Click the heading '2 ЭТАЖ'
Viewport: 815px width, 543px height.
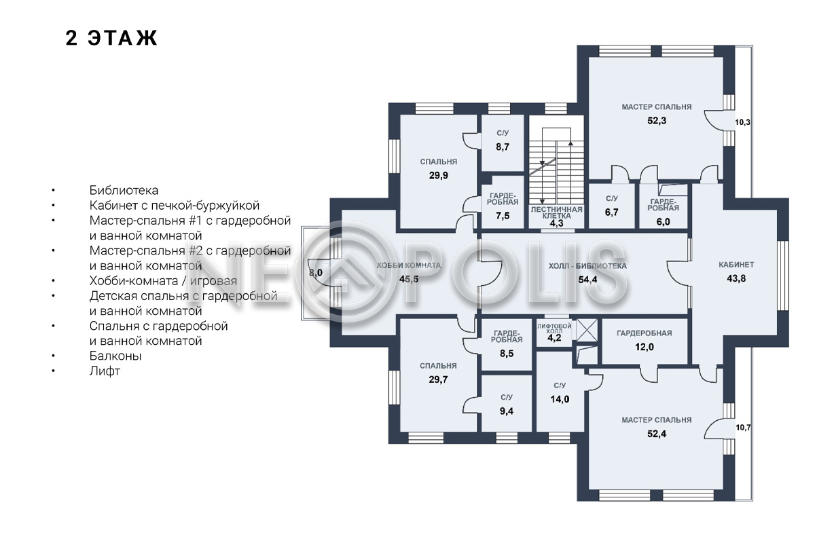[111, 38]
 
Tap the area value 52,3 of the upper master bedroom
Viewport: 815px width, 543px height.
[657, 120]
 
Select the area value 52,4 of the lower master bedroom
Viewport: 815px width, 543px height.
[657, 434]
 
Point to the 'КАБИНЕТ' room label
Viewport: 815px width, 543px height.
[736, 265]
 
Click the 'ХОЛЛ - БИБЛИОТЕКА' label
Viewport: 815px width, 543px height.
[587, 266]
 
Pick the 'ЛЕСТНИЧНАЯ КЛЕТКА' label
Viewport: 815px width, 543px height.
[556, 212]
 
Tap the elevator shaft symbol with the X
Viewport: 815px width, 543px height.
[587, 331]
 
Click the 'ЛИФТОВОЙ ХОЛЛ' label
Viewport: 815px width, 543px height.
[554, 329]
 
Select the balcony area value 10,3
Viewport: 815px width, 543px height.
[742, 122]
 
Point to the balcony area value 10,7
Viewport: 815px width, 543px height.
[743, 428]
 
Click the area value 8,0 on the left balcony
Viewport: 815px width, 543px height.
[315, 272]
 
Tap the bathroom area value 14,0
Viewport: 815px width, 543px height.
[560, 399]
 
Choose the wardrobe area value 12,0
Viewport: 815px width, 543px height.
[645, 347]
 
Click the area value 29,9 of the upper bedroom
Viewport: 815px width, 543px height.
[439, 176]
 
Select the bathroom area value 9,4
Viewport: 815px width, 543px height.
[507, 411]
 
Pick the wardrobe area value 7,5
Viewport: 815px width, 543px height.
[503, 216]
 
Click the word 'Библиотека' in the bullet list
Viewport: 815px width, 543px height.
[124, 190]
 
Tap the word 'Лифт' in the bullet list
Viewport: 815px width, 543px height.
[105, 371]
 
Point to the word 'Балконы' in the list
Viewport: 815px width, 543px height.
[115, 356]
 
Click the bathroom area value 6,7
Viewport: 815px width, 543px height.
[612, 212]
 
